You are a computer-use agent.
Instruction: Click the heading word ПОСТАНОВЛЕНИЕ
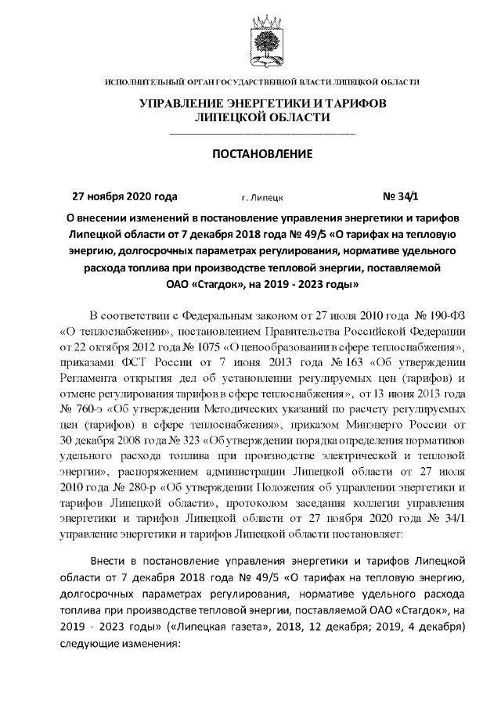tap(262, 153)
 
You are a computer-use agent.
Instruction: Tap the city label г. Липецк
tap(262, 198)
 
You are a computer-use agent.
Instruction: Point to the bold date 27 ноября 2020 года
tap(124, 197)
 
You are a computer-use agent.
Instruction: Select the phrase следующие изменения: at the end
tap(120, 644)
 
